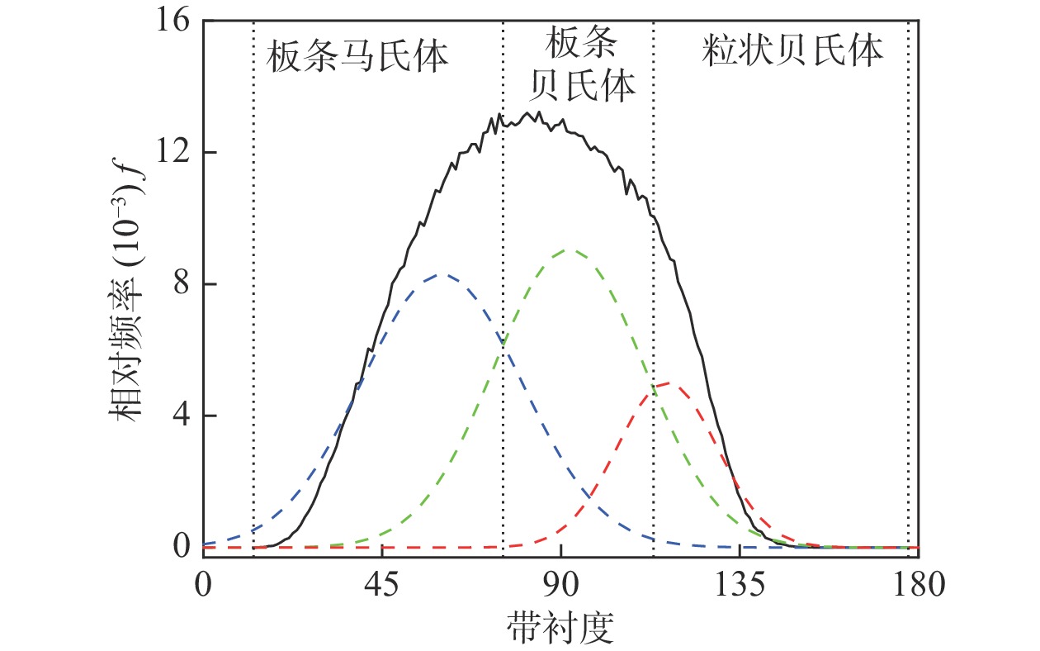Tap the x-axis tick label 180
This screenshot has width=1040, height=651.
coord(918,586)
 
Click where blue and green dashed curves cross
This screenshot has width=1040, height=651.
coord(503,341)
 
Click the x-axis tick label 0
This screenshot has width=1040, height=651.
coord(203,586)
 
